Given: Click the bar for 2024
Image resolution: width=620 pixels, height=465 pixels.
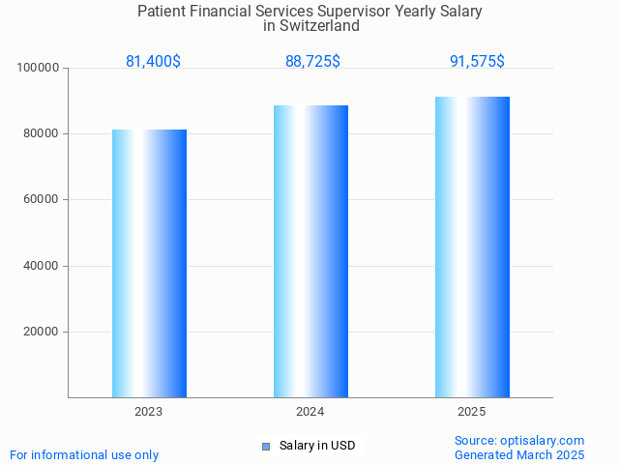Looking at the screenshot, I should (310, 251).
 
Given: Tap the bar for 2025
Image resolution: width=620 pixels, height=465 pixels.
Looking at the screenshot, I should (472, 247).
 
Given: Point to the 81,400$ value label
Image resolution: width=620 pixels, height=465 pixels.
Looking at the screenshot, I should (153, 62).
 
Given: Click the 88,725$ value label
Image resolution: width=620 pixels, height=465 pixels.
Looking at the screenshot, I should (312, 62).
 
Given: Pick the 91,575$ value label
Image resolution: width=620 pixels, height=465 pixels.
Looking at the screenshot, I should (477, 62).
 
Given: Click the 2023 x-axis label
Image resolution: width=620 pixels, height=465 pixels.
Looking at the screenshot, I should (149, 412).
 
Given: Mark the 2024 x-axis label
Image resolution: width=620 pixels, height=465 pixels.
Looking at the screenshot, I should (310, 412).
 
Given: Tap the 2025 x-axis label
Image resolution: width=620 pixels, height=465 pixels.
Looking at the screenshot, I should (472, 412).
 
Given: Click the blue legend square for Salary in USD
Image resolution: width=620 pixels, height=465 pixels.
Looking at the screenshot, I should (266, 446).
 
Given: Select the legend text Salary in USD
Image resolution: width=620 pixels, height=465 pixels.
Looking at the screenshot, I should (317, 446).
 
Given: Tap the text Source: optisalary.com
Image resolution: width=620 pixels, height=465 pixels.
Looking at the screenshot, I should (519, 441).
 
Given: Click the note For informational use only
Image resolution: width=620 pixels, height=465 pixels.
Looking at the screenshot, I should (84, 454).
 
